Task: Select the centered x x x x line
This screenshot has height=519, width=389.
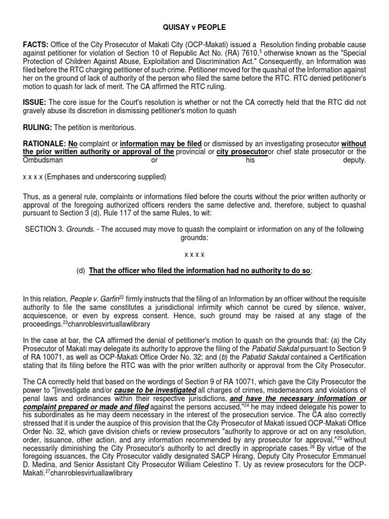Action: pyautogui.click(x=194, y=255)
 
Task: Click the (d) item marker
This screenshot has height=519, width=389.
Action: pyautogui.click(x=81, y=271)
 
